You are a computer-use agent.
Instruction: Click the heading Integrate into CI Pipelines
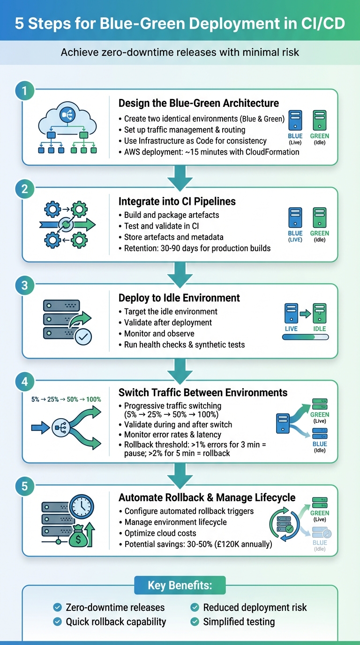[x=177, y=202]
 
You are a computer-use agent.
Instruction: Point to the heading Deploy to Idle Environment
[x=179, y=298]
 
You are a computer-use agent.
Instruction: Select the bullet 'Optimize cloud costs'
[x=160, y=533]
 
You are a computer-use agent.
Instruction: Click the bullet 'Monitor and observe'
[x=159, y=334]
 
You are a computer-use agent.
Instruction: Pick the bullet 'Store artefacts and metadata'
[x=173, y=237]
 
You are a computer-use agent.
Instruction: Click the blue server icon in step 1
[x=295, y=120]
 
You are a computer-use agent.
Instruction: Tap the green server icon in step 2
[x=320, y=218]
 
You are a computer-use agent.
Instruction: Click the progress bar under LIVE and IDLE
[x=305, y=337]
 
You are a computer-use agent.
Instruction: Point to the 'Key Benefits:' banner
[x=180, y=585]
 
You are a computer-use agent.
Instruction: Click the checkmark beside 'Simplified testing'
[x=195, y=622]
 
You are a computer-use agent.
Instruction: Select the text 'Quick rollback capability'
[x=116, y=622]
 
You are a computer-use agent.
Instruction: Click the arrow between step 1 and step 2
[x=180, y=177]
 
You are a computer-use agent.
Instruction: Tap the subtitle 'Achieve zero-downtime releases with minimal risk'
[x=180, y=52]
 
